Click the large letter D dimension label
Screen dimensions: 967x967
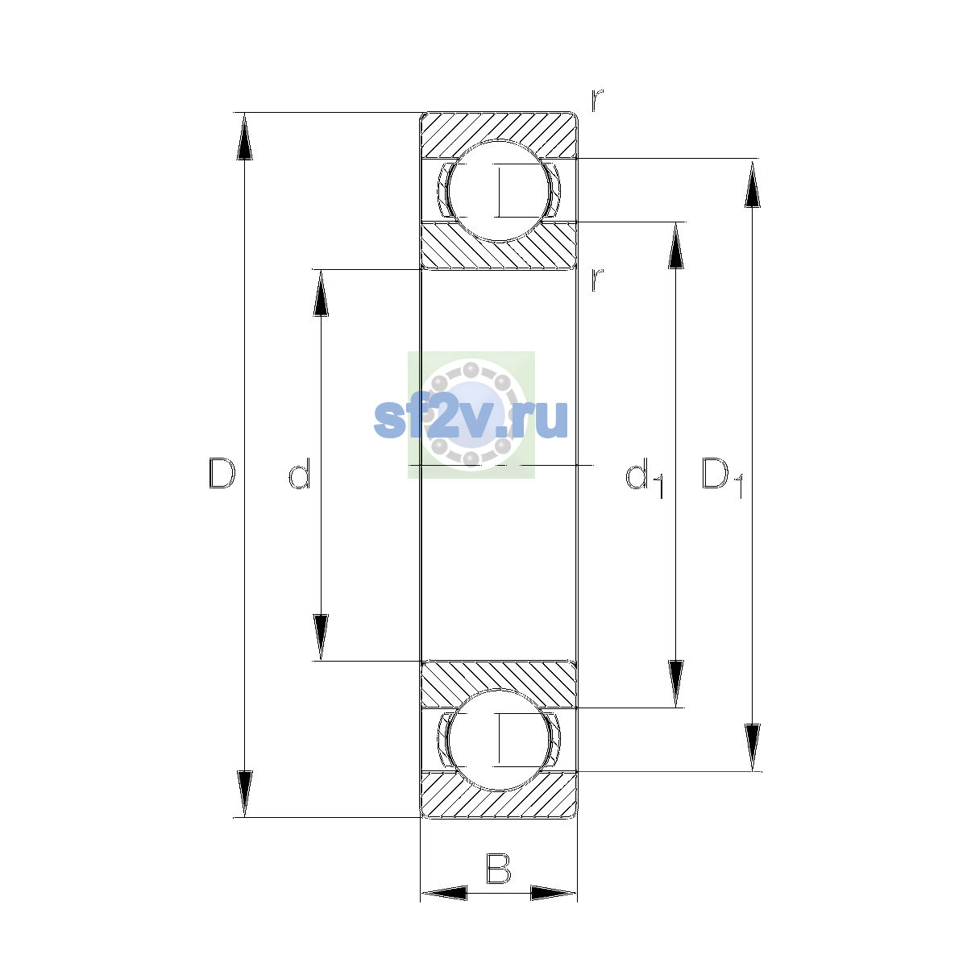click(x=222, y=473)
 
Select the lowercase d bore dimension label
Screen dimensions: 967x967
click(x=299, y=473)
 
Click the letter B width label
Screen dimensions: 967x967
click(x=498, y=868)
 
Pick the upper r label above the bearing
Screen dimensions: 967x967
click(x=597, y=100)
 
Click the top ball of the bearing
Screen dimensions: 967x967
click(x=499, y=191)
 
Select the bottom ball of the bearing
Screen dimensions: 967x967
click(x=499, y=741)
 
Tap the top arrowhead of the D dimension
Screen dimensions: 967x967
click(x=244, y=136)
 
